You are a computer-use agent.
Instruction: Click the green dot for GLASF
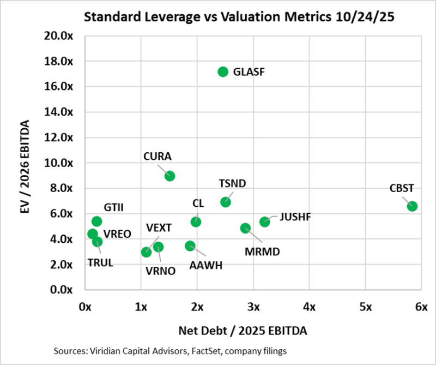pyautogui.click(x=222, y=71)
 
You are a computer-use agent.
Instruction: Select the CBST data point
pyautogui.click(x=412, y=206)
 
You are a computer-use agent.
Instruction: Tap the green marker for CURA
pyautogui.click(x=169, y=176)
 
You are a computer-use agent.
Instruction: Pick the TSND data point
pyautogui.click(x=225, y=202)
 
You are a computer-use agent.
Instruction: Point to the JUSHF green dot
pyautogui.click(x=264, y=222)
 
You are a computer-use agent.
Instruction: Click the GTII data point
pyautogui.click(x=96, y=221)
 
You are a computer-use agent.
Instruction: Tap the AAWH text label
pyautogui.click(x=205, y=266)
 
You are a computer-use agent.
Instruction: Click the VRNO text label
pyautogui.click(x=161, y=270)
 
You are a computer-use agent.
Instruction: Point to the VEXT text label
pyautogui.click(x=159, y=227)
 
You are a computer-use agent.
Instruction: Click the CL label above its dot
pyautogui.click(x=198, y=203)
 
